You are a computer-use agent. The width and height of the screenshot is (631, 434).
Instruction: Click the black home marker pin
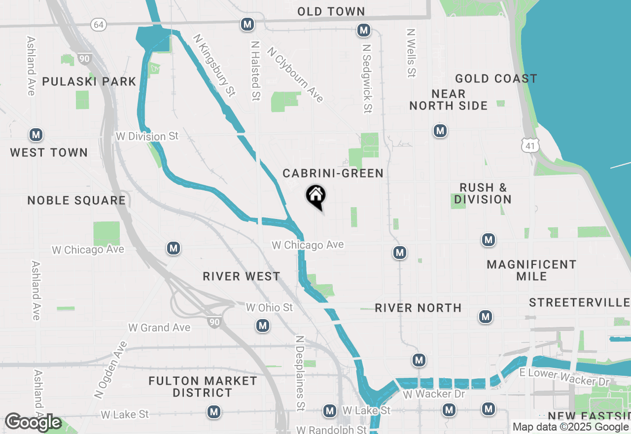click(316, 196)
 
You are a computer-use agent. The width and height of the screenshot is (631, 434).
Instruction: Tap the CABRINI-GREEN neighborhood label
click(333, 173)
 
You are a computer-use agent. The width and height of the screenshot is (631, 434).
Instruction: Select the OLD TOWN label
click(331, 11)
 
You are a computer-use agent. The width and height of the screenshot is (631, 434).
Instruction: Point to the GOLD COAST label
click(496, 79)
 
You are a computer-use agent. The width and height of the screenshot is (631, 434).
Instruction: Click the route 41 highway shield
click(531, 145)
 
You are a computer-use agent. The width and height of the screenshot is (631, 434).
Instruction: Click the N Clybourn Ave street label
click(295, 75)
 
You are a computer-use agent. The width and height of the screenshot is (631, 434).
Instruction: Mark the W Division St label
click(147, 136)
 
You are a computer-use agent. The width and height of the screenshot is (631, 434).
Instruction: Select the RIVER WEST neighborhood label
click(242, 276)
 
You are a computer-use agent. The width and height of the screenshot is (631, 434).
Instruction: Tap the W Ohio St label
click(269, 308)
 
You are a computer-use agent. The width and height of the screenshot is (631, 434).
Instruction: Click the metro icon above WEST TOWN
click(35, 135)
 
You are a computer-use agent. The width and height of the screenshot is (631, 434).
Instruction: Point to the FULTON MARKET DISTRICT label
click(203, 387)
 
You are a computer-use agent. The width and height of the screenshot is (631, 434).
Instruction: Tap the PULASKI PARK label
click(89, 81)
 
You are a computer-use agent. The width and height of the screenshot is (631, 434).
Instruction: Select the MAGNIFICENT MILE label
click(531, 270)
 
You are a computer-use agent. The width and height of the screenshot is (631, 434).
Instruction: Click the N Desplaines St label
click(299, 373)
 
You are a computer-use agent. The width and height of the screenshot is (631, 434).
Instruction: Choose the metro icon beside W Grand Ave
click(263, 325)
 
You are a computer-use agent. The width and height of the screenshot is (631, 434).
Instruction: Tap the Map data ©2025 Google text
click(570, 427)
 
